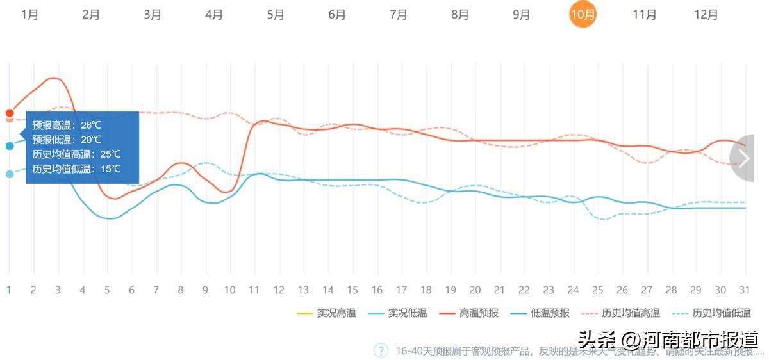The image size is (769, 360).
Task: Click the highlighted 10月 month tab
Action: pos(583,15)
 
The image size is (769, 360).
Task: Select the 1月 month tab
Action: pos(29,15)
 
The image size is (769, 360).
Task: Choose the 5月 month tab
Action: pos(276,15)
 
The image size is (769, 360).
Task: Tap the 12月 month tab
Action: pos(706,15)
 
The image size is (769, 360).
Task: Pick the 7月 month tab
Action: pos(399,15)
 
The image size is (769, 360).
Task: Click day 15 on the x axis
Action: pos(352,290)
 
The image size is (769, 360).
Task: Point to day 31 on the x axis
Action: pos(744,290)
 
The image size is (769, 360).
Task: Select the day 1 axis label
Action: pos(9,290)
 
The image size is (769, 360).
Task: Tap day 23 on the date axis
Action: pos(549,290)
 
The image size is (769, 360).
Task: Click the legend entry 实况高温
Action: pos(327,313)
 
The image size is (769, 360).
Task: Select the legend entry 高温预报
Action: pos(469,313)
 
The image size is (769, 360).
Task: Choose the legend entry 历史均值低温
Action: pos(712,313)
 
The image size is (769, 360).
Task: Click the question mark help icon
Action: pos(381,350)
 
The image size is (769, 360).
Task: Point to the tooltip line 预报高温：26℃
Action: pos(67,125)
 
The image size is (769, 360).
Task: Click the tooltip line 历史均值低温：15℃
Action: pos(76,169)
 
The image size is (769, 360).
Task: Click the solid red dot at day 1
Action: pos(10,113)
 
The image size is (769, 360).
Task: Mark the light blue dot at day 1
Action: pos(10,174)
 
